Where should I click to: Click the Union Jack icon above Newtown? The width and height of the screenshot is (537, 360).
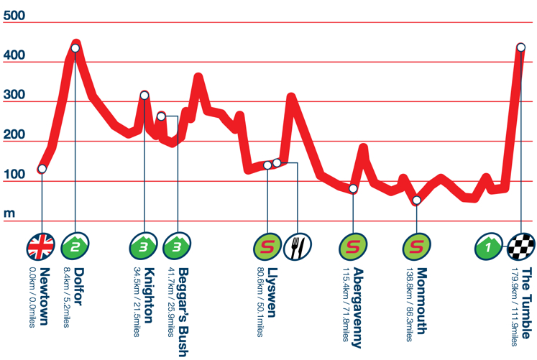(x=40, y=246)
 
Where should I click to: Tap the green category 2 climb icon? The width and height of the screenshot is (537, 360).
(x=75, y=246)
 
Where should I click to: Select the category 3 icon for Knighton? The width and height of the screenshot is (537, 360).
(x=144, y=246)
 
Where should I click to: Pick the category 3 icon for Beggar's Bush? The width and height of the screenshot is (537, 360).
(x=176, y=246)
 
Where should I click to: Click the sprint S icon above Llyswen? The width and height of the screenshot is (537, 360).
(x=267, y=246)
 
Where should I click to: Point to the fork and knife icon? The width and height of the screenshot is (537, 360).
(x=297, y=246)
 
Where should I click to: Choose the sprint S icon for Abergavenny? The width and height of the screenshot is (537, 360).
(x=353, y=246)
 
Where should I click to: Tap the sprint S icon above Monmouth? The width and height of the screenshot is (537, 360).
(x=416, y=246)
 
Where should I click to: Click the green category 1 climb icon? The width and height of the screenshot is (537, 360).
(x=489, y=246)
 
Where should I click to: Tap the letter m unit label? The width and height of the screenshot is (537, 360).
(x=9, y=213)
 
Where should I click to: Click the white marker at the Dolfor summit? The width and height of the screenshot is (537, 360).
(x=75, y=48)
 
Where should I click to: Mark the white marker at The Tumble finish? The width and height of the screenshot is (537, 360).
(x=520, y=47)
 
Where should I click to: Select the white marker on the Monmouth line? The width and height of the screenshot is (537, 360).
(x=417, y=200)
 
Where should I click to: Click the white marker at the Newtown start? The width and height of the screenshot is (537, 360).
(x=42, y=169)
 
